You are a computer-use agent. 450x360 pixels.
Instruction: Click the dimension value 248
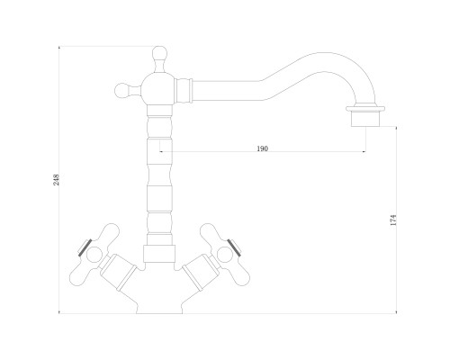click(x=57, y=180)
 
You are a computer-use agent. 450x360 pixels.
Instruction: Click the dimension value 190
click(x=263, y=148)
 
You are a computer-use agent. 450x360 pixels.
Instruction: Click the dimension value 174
click(x=393, y=220)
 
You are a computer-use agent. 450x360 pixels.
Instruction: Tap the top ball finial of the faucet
click(x=159, y=54)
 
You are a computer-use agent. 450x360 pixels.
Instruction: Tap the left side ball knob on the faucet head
click(x=122, y=90)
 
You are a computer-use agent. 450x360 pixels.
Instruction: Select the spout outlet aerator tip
click(x=365, y=120)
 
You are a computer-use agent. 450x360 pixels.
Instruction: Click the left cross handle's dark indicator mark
click(x=85, y=247)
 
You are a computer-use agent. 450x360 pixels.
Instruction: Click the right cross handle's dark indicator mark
click(x=234, y=247)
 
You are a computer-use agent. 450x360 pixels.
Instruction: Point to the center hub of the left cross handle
click(x=94, y=255)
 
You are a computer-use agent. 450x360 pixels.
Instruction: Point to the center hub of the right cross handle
click(x=224, y=255)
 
